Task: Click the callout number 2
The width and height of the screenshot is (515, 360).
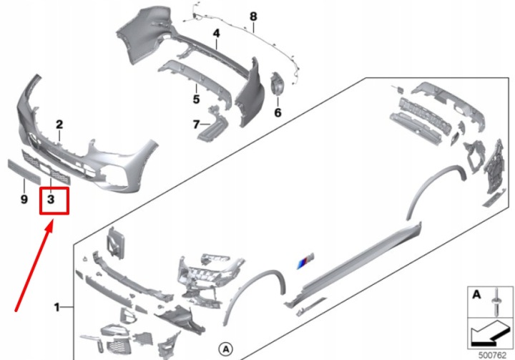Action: (x=59, y=125)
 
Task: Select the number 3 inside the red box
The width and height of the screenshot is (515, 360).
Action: (x=51, y=199)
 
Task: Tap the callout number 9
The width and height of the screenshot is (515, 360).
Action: (x=24, y=199)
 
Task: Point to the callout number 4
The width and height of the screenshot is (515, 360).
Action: (x=216, y=33)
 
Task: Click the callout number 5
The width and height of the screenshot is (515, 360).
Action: (x=196, y=99)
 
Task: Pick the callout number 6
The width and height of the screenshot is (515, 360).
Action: (x=278, y=113)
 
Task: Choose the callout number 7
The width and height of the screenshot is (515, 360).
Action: (x=196, y=125)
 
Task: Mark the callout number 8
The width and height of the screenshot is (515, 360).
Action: (x=253, y=16)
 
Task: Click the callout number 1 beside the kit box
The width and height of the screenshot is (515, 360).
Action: (x=57, y=308)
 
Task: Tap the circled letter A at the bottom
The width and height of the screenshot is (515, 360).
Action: (x=225, y=349)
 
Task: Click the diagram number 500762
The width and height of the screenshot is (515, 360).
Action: (x=492, y=355)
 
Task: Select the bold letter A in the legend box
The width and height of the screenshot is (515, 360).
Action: (x=476, y=294)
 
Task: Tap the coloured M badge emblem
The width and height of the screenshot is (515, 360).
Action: (x=305, y=261)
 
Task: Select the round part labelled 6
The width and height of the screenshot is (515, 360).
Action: (x=278, y=84)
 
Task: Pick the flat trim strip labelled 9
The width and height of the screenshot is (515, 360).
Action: (x=24, y=172)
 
